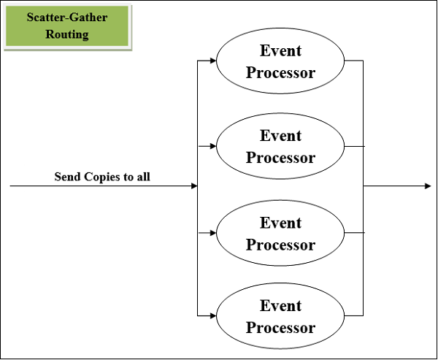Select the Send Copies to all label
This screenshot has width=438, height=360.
(102, 176)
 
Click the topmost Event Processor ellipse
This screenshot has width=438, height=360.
(280, 61)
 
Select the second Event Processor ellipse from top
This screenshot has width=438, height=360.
(280, 147)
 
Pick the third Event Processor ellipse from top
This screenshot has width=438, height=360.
(280, 233)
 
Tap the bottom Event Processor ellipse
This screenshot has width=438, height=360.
(280, 315)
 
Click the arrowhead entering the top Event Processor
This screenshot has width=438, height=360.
(212, 61)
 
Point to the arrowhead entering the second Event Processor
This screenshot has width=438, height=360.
(212, 146)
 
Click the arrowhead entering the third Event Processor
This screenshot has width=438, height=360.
(212, 233)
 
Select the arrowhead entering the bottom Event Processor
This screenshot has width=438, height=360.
(212, 315)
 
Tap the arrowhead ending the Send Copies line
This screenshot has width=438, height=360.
(194, 186)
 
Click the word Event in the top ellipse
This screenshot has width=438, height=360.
(280, 50)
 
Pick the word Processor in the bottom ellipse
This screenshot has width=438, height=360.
(280, 327)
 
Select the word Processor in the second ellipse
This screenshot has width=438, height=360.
(280, 158)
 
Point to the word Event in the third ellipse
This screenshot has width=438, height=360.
(280, 222)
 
